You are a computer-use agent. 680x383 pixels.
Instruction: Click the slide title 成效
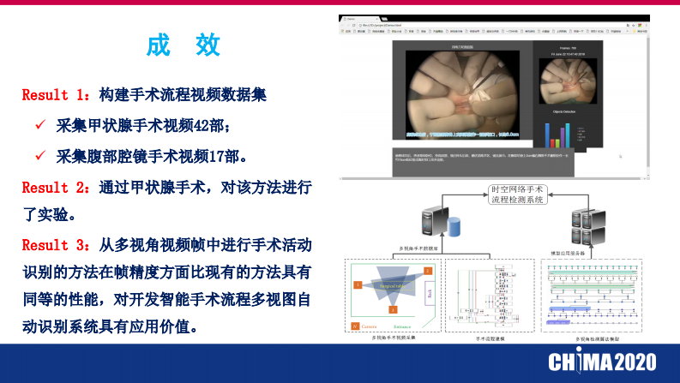point(184,45)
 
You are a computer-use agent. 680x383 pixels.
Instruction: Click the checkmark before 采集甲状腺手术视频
point(39,125)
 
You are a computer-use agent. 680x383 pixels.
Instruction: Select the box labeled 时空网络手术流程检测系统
point(517,194)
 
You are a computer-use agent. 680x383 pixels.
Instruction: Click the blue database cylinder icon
point(454,228)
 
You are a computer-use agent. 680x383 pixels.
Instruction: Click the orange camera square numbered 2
point(426,271)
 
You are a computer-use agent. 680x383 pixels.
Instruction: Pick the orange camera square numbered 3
point(393,307)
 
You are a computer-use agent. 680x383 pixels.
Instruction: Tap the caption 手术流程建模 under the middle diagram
point(491,338)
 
